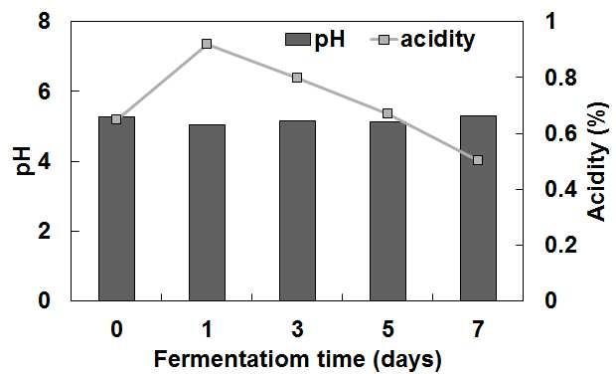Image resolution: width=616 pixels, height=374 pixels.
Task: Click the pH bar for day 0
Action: point(116,209)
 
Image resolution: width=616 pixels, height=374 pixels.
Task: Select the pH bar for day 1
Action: point(207,213)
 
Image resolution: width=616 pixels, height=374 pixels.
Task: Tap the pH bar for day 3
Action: point(297,211)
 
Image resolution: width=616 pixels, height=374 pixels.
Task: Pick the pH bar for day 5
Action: point(387,211)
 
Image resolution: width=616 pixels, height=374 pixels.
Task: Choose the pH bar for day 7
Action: point(478,208)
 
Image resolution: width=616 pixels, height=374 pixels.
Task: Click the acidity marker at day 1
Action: point(207,44)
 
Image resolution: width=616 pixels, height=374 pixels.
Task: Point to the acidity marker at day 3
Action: point(297,78)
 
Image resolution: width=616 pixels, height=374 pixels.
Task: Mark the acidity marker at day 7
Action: point(478,160)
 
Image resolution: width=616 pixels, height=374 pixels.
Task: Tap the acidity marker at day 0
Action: point(116,119)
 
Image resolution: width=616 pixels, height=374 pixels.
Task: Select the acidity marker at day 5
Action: point(387,113)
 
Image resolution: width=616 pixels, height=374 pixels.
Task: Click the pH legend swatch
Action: point(298,40)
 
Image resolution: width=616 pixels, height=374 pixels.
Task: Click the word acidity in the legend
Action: point(437,40)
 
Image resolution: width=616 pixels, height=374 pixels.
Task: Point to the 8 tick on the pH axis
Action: point(45,21)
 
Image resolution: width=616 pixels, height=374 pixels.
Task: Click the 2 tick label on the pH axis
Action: point(45,231)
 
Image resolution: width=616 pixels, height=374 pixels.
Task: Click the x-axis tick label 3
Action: point(297,329)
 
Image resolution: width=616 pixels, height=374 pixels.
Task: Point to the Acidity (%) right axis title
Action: point(598,161)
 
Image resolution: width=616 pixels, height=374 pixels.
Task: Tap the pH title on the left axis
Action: point(23,161)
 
